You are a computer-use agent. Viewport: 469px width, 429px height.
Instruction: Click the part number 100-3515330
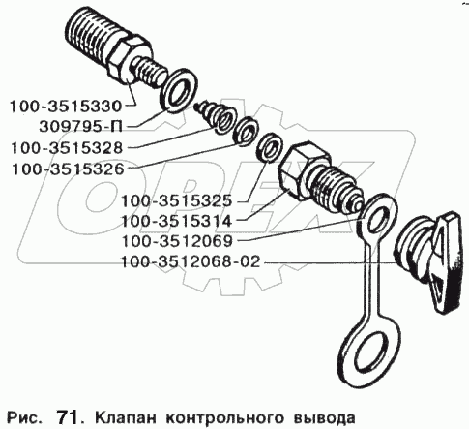pyautogui.click(x=66, y=107)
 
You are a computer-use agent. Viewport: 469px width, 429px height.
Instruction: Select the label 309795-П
pyautogui.click(x=81, y=127)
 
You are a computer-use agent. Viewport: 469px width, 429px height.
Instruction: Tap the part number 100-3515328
pyautogui.click(x=67, y=148)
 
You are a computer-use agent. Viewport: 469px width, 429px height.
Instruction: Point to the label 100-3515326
pyautogui.click(x=68, y=169)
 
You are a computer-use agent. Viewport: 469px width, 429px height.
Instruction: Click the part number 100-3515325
pyautogui.click(x=176, y=201)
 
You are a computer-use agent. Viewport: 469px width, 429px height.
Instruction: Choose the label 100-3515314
pyautogui.click(x=176, y=221)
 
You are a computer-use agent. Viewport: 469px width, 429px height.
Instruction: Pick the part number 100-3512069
pyautogui.click(x=177, y=241)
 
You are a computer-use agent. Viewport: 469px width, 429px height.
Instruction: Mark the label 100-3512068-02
pyautogui.click(x=191, y=261)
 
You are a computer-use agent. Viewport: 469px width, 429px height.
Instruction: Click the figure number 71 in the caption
pyautogui.click(x=68, y=417)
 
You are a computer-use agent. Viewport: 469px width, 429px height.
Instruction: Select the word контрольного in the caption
pyautogui.click(x=225, y=418)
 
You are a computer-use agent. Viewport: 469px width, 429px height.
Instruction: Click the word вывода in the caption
pyautogui.click(x=325, y=417)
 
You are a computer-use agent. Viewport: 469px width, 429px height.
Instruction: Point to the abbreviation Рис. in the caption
pyautogui.click(x=24, y=417)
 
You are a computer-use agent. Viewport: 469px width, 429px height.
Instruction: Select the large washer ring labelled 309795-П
pyautogui.click(x=178, y=91)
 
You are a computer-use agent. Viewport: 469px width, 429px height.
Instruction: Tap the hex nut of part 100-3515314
pyautogui.click(x=302, y=168)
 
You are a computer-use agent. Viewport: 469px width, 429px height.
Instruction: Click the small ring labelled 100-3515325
pyautogui.click(x=270, y=148)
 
